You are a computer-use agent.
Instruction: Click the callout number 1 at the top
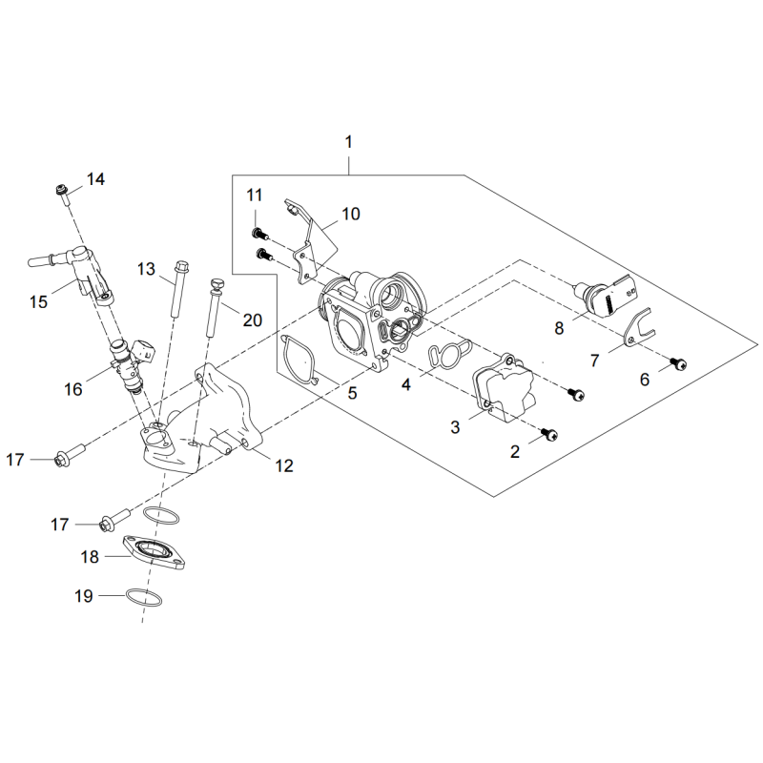(x=348, y=142)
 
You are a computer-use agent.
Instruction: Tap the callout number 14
(x=96, y=179)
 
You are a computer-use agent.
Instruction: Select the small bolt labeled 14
(x=63, y=194)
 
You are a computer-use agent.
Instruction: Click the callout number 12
(x=284, y=465)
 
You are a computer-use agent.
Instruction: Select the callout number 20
(x=253, y=320)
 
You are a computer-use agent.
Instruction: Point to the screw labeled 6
(x=678, y=362)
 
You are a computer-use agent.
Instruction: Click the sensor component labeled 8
(x=606, y=298)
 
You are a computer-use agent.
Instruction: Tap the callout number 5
(x=353, y=393)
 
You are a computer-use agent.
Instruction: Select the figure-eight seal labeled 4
(x=449, y=354)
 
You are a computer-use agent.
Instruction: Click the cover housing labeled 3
(x=505, y=387)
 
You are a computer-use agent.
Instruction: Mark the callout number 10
(x=351, y=214)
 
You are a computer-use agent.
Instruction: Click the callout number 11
(x=254, y=195)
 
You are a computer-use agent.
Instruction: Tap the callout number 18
(x=90, y=557)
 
